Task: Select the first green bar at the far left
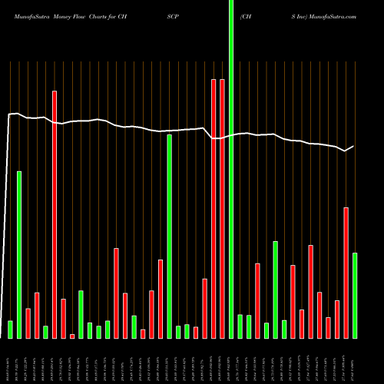click(11, 329)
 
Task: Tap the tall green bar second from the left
click(19, 254)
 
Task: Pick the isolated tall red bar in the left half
click(55, 214)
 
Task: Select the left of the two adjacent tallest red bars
click(214, 208)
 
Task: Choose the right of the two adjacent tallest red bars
click(222, 208)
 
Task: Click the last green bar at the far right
click(355, 295)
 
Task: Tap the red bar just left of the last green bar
click(346, 273)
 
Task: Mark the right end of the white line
click(354, 146)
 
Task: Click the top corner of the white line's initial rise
click(8, 114)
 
